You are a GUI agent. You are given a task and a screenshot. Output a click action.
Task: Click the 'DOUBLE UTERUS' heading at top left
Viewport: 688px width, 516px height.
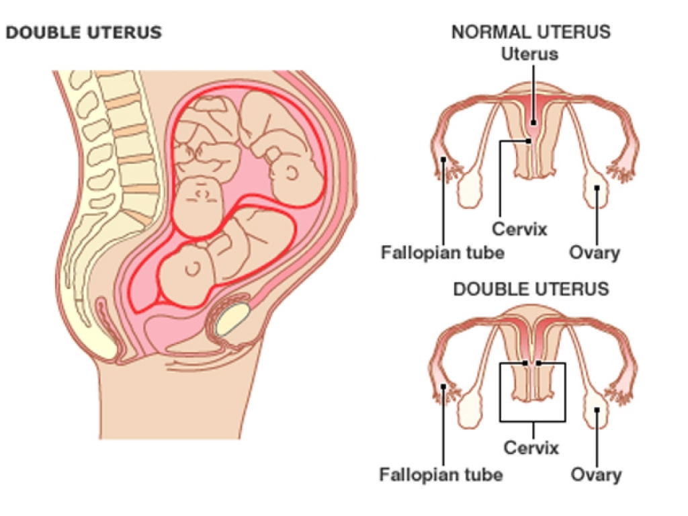point(83,32)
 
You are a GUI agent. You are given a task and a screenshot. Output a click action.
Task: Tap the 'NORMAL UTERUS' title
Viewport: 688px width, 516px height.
point(530,32)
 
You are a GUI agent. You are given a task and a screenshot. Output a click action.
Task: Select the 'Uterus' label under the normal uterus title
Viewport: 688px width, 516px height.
point(530,54)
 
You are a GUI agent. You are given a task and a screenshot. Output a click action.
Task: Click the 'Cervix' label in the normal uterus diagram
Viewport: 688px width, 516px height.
point(519,228)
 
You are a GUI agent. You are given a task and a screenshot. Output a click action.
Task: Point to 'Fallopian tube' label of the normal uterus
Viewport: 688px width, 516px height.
point(443,253)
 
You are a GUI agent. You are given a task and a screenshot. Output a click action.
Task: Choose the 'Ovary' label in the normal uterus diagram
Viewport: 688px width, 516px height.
point(595,253)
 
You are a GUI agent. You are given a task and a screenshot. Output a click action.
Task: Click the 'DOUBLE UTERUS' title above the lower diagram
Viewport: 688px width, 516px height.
point(531,289)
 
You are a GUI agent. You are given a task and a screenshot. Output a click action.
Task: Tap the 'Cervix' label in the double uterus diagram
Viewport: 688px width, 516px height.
point(531,447)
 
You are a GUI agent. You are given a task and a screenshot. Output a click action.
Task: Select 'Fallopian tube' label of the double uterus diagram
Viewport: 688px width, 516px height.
point(441,475)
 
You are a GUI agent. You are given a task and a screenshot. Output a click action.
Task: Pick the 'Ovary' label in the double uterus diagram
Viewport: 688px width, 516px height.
point(596,475)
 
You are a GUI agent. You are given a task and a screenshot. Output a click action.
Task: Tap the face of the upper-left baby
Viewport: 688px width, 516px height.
point(202,195)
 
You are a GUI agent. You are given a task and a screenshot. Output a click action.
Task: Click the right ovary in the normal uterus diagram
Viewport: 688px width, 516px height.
point(598,188)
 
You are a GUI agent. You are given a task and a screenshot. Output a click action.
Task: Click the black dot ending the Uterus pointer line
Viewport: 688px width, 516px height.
point(531,123)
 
